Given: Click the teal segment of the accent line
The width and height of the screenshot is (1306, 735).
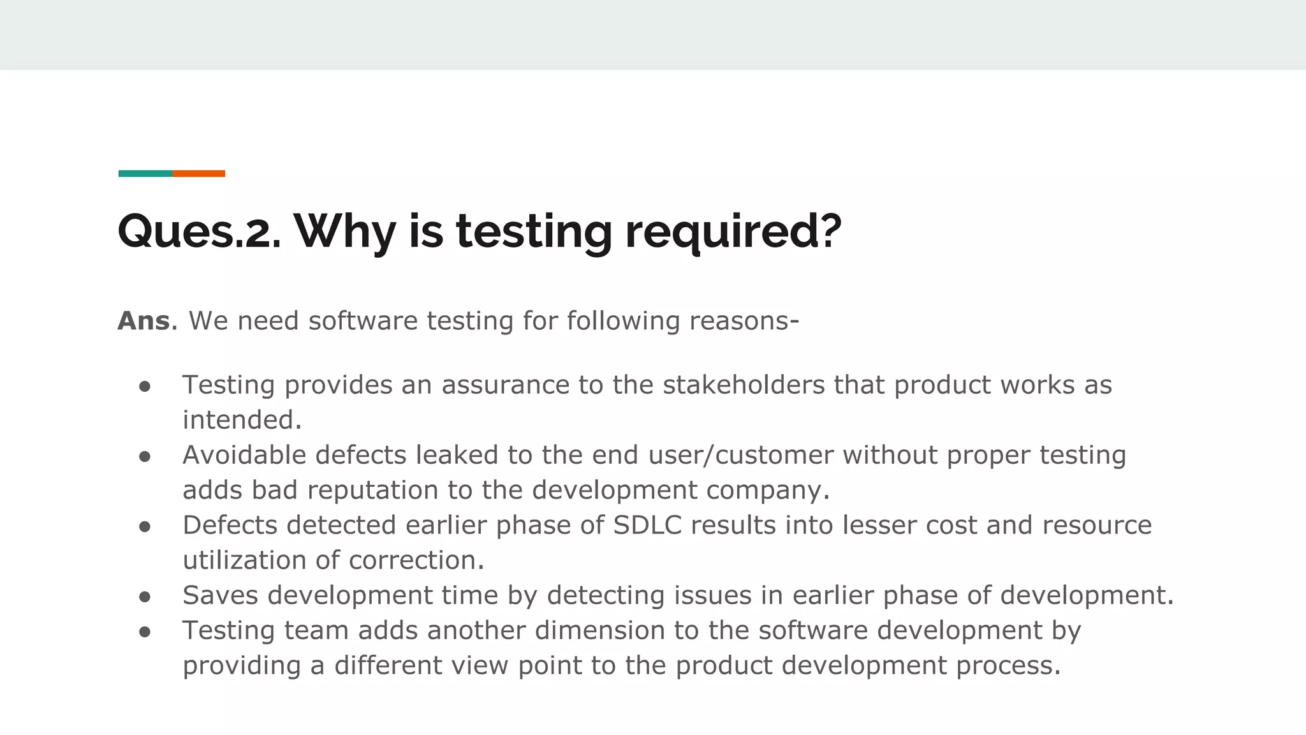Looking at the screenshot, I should [145, 174].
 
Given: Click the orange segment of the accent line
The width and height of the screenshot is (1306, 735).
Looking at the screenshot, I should [198, 174].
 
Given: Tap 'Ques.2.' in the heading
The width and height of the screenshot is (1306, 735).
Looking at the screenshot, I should [199, 231].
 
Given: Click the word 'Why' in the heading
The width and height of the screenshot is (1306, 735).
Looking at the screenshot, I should [345, 231].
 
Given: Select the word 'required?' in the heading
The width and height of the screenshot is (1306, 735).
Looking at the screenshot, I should [733, 231].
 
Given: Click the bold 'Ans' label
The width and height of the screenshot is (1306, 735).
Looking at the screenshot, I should [144, 321].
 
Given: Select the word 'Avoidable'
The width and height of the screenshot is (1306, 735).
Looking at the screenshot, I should [244, 456].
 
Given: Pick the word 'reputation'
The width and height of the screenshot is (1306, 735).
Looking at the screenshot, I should [373, 491].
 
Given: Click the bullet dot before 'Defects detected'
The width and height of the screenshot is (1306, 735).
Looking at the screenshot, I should [145, 527].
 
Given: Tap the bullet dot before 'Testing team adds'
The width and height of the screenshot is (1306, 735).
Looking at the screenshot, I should [145, 632].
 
